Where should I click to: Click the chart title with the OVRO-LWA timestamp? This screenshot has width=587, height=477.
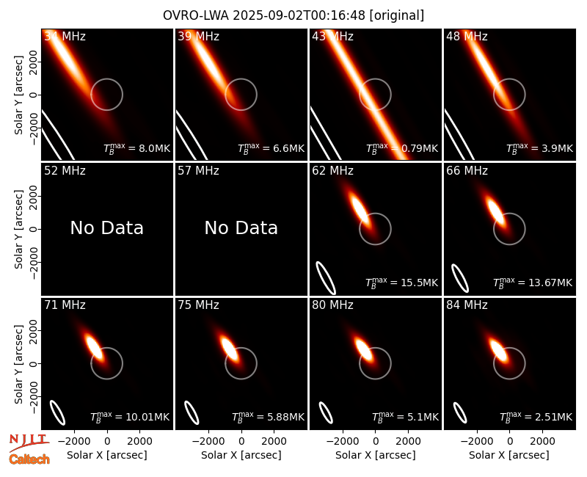click(293, 15)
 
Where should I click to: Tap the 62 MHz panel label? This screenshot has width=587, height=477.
click(332, 171)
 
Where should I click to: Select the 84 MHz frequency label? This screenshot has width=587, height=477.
click(467, 305)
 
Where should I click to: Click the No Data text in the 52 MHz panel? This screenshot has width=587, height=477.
click(106, 227)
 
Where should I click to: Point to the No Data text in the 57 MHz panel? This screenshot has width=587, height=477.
click(241, 227)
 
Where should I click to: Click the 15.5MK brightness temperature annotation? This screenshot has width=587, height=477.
click(401, 283)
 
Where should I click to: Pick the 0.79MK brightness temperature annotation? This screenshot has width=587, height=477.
click(401, 148)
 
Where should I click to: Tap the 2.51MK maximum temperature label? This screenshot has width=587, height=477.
click(536, 416)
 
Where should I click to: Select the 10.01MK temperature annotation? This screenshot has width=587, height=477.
click(130, 416)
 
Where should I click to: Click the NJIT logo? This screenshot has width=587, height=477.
click(29, 442)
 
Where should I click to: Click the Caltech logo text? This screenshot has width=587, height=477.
click(29, 459)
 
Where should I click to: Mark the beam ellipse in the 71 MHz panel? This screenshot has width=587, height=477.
click(58, 412)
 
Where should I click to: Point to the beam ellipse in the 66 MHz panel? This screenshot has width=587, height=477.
click(460, 278)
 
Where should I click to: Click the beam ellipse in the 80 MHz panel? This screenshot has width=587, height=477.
click(326, 412)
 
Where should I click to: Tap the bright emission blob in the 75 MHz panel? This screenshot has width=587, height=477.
click(229, 349)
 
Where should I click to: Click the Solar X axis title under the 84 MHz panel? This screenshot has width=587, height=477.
click(509, 455)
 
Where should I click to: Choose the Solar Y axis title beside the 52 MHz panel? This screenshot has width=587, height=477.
click(19, 229)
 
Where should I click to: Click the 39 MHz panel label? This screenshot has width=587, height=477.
click(198, 36)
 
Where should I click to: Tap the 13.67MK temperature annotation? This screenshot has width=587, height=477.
click(533, 283)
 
